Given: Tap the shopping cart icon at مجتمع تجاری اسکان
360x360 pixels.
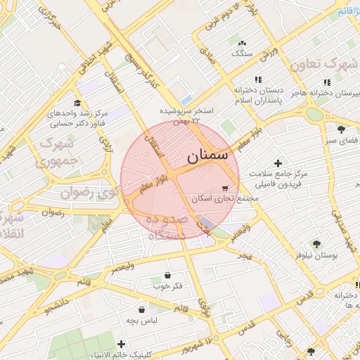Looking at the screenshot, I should point(224,188).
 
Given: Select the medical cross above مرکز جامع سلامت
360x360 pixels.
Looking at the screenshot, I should point(278,163).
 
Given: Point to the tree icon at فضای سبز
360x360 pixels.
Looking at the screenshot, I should point(341,129).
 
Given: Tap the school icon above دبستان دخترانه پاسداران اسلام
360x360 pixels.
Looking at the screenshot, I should point(258,80).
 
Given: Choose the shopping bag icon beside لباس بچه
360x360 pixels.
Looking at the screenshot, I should point(142,309).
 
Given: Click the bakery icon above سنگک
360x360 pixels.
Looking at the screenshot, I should point(242,42).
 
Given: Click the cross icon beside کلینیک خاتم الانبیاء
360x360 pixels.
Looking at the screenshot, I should point(122,345).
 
